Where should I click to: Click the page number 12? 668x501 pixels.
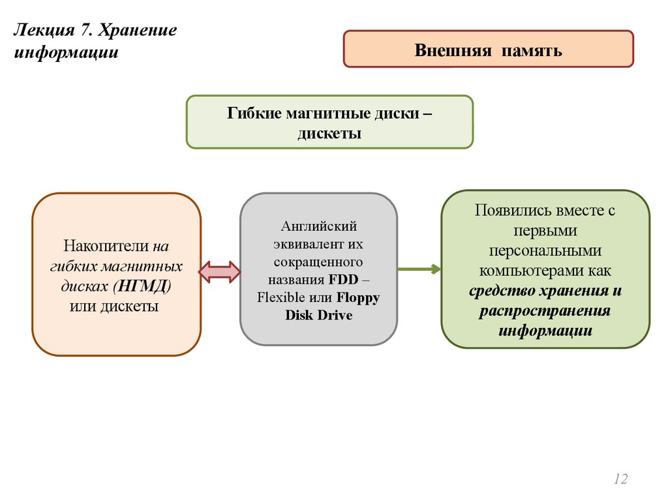(620, 479)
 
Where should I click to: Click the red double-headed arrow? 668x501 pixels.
(220, 272)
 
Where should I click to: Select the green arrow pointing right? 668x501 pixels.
(419, 268)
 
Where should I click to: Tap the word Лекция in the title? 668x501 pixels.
(39, 31)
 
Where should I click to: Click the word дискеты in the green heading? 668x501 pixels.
(329, 133)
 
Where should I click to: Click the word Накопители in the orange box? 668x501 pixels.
(107, 247)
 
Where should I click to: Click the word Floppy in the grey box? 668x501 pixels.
(358, 297)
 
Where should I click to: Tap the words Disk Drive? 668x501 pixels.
(318, 315)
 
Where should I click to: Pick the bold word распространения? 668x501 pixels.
(545, 311)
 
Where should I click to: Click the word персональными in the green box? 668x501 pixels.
(545, 250)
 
